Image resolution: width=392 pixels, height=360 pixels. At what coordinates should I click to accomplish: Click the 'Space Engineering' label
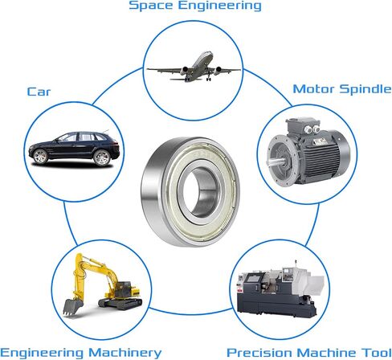click(195, 6)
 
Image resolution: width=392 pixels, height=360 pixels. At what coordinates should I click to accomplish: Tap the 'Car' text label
click(39, 92)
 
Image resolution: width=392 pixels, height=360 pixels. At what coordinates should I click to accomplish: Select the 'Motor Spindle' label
click(342, 89)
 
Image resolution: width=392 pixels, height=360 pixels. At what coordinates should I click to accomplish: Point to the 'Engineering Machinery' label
click(81, 353)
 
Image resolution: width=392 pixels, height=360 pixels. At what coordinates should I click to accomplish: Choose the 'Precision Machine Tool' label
click(309, 353)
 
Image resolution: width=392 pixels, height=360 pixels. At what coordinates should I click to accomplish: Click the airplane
click(194, 67)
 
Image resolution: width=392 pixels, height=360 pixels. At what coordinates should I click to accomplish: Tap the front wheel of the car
click(40, 156)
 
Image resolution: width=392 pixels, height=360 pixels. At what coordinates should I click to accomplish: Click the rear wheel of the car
click(102, 157)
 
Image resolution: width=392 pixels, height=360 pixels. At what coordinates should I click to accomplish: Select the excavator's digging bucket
click(72, 307)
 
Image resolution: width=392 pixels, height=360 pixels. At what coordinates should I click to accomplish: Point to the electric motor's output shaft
click(275, 162)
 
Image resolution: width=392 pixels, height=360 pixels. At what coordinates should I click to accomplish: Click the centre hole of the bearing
click(199, 191)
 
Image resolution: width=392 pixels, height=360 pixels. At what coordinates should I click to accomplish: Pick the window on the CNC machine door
click(252, 278)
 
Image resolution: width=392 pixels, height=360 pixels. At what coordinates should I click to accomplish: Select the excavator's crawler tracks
click(120, 303)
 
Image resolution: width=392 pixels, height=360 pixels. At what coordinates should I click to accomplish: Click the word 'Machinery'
click(125, 353)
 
